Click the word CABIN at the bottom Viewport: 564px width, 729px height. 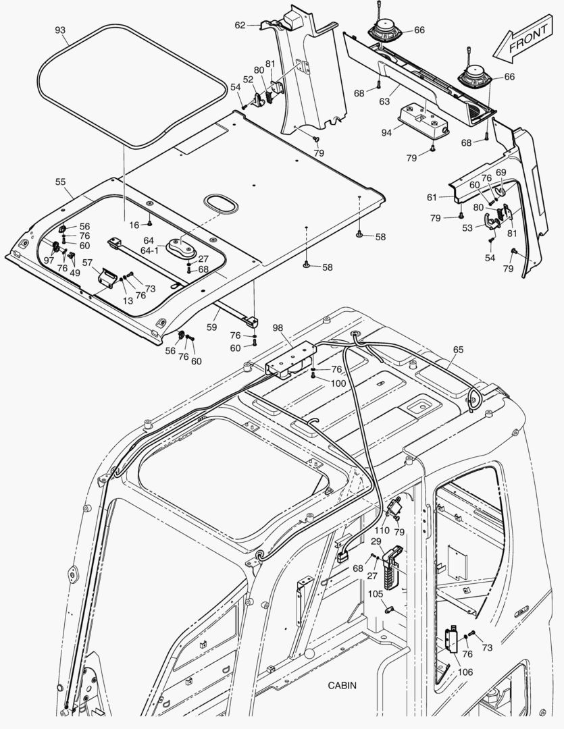342,685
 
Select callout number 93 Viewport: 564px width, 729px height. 60,30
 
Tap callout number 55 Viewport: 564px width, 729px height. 60,182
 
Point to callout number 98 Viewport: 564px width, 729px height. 278,327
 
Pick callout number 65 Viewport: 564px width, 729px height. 459,350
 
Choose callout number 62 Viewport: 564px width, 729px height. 240,25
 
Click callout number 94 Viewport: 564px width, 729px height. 386,133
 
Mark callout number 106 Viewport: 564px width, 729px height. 465,672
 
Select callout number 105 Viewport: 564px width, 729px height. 375,594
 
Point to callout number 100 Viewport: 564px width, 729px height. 338,383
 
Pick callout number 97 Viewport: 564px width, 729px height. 49,261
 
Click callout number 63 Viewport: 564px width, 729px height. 384,101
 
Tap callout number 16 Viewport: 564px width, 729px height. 134,225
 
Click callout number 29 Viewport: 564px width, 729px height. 376,541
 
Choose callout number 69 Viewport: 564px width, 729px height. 501,173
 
